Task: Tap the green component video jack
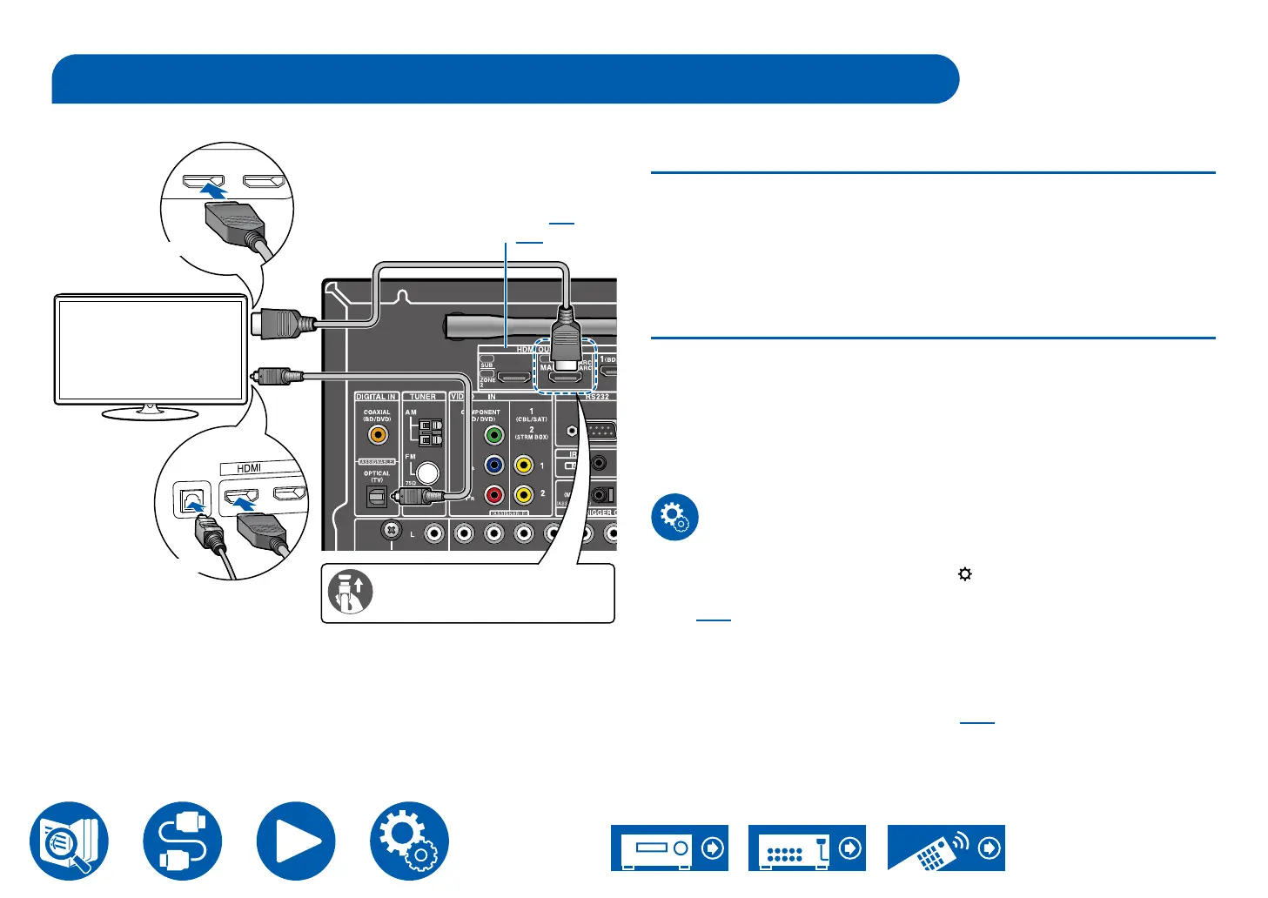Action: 493,435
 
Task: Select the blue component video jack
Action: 493,466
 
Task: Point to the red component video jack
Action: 493,495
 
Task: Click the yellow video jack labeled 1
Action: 523,466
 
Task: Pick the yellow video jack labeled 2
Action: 523,495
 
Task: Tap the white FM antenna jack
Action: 427,472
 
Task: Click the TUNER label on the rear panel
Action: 423,397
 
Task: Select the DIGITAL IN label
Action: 375,397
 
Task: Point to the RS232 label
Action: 596,397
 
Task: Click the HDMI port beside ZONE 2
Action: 514,379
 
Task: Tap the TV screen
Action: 151,349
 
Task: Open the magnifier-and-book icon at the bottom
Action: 69,841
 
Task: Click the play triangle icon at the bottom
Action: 296,841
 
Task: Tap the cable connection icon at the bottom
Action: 183,841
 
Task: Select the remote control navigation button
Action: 946,848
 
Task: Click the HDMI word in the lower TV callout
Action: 249,468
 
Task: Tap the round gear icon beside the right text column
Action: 674,517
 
